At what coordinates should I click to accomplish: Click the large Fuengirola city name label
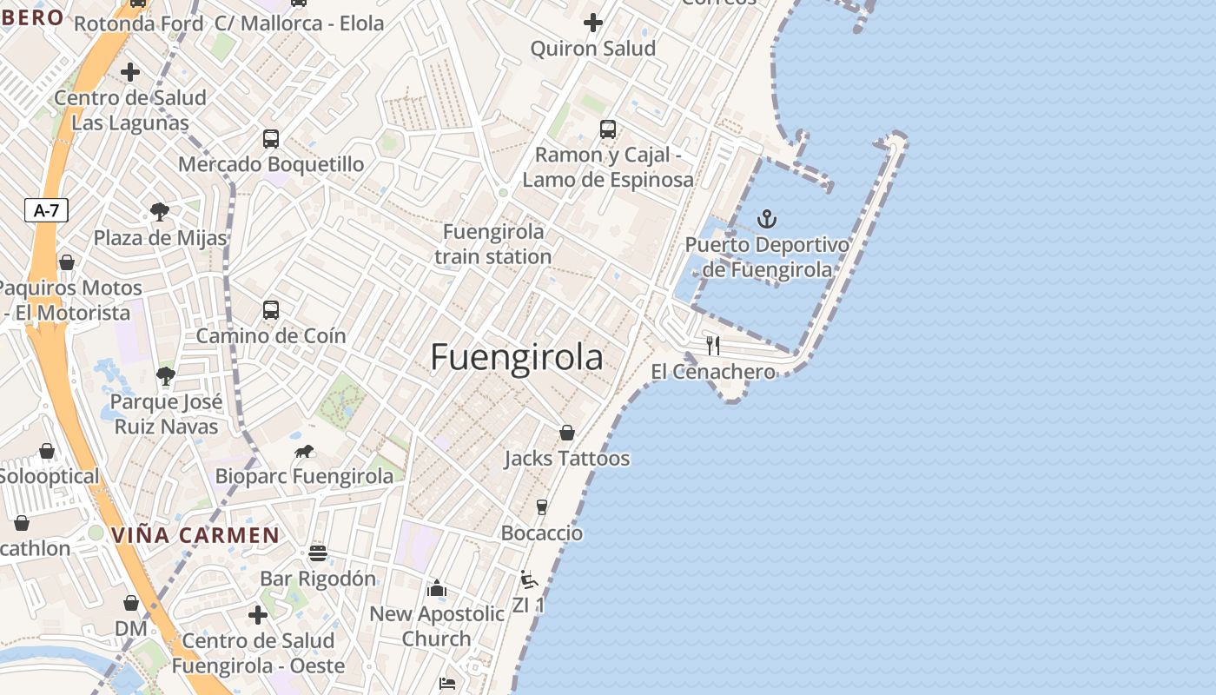coord(516,357)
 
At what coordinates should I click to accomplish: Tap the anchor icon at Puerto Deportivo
coord(767,219)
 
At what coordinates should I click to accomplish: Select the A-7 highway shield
coord(46,209)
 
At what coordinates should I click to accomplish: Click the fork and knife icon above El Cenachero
coord(713,346)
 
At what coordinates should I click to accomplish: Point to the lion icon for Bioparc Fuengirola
coord(304,451)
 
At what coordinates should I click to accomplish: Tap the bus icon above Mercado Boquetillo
coord(271,138)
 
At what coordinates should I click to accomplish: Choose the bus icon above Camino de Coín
coord(271,310)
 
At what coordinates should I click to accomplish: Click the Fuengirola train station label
coord(492,244)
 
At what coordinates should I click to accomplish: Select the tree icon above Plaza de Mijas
coord(159,211)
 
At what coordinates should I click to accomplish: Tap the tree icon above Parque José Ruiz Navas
coord(166,376)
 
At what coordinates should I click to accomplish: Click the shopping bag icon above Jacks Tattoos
coord(567,432)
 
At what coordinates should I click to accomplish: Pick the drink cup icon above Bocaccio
coord(542,506)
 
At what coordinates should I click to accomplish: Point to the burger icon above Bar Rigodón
coord(318,553)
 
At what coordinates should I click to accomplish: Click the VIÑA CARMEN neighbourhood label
coord(195,535)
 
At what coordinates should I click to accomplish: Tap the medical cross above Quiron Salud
coord(593,22)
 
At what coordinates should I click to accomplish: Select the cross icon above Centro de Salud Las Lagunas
coord(130,71)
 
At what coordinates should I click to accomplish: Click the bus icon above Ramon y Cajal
coord(608,129)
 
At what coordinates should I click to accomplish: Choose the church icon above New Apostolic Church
coord(437,589)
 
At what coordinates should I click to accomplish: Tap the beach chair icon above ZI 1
coord(528,579)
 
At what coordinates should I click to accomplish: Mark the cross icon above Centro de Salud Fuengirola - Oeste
coord(258,615)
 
